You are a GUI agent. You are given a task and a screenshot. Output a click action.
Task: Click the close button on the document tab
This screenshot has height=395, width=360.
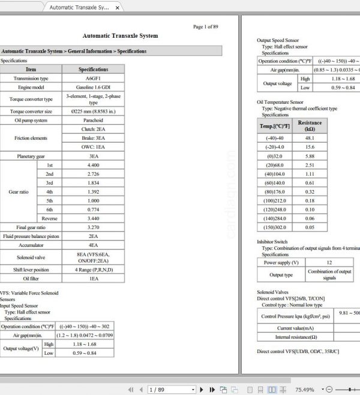pos(117,8)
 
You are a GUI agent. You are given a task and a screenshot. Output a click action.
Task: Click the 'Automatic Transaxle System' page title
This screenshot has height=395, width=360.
pos(120,36)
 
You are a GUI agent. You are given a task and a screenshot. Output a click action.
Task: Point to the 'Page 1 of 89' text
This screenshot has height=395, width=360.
pos(205,26)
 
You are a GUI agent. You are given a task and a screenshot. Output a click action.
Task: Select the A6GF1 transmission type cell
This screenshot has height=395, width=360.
pos(93,79)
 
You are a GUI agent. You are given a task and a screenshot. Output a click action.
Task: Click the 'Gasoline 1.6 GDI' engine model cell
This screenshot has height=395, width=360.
pos(93,88)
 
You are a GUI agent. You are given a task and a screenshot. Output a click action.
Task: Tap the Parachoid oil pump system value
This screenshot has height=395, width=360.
pos(93,120)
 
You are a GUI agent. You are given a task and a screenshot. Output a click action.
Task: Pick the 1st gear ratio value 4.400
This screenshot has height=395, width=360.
pos(93,165)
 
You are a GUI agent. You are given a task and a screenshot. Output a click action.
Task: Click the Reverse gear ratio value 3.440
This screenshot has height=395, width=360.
pos(93,219)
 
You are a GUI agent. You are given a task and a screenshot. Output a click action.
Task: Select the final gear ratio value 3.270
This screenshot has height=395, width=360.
pos(93,228)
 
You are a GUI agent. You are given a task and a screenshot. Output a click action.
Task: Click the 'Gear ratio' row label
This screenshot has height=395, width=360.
pos(19,192)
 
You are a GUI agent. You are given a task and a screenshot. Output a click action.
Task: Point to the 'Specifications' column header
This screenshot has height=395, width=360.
pos(93,70)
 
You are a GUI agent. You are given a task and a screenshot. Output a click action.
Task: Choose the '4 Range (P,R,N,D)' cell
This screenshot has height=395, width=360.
pos(93,270)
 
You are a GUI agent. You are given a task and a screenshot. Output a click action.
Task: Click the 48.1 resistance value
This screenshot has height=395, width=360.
pos(310,138)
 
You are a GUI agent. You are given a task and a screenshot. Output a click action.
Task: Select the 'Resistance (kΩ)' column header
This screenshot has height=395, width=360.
pos(310,126)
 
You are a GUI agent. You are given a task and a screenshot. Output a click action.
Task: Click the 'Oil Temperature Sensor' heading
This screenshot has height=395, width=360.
pos(280,102)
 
